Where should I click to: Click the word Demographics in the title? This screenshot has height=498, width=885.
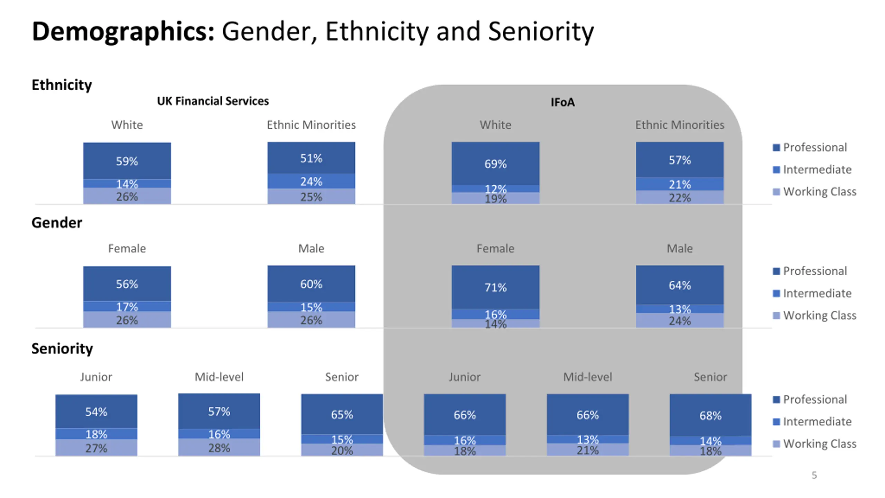click(123, 32)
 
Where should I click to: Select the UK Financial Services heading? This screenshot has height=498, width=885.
click(213, 101)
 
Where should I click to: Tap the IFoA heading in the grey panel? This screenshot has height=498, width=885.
click(562, 102)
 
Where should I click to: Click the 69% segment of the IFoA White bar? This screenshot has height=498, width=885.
click(495, 164)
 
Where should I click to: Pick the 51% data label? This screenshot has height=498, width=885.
click(311, 158)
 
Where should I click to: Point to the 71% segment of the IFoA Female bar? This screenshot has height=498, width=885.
click(495, 287)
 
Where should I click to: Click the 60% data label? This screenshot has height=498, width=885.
click(311, 284)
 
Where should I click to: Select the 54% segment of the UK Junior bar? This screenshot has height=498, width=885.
click(96, 412)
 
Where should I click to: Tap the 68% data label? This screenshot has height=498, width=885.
click(710, 415)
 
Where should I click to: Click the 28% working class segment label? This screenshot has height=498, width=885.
click(219, 448)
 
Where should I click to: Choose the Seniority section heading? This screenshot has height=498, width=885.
click(62, 349)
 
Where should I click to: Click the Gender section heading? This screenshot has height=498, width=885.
click(57, 223)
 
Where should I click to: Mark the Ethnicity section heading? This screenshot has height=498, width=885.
click(62, 85)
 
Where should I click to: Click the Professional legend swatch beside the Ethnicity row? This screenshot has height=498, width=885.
click(776, 148)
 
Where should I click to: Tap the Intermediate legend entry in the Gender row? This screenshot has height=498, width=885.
click(817, 293)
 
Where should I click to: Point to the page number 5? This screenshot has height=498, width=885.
click(814, 475)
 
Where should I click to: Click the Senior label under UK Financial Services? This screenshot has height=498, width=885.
click(342, 377)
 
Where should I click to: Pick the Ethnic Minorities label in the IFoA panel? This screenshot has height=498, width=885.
click(680, 125)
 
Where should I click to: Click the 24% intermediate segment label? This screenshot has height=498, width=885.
click(311, 182)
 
